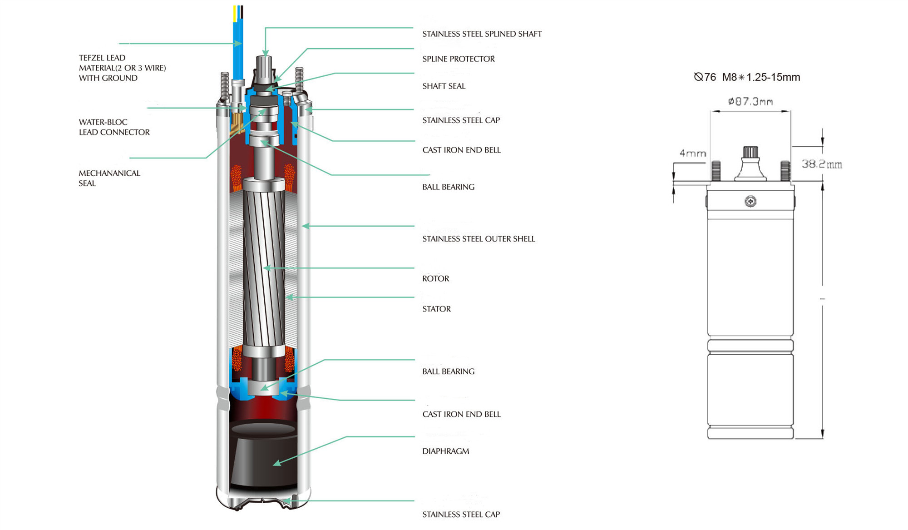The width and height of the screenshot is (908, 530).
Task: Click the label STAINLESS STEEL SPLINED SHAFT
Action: click(482, 34)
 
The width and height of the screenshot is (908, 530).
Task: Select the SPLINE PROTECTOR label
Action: click(459, 59)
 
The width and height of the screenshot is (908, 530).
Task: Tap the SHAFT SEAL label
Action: click(444, 86)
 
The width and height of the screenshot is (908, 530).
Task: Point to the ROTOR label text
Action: click(435, 279)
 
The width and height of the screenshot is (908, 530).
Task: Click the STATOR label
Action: click(436, 309)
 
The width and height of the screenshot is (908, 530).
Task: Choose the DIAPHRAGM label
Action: click(445, 451)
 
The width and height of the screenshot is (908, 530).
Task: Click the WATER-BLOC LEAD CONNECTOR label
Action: click(114, 127)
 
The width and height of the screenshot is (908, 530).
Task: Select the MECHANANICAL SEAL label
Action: click(109, 178)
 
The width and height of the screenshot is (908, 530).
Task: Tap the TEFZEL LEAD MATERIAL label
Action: click(122, 68)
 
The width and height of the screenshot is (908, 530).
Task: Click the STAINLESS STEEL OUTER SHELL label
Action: click(479, 239)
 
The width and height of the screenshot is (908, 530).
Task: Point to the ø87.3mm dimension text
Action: click(750, 101)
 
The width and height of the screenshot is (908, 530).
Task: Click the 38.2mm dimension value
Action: click(821, 164)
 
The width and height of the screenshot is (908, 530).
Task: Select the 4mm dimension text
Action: click(692, 154)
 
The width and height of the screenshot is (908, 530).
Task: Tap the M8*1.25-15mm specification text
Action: click(761, 77)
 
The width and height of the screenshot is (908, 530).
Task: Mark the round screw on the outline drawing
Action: click(750, 201)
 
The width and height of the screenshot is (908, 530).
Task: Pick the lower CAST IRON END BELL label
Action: click(461, 414)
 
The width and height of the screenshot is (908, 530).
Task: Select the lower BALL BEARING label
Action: click(448, 371)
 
